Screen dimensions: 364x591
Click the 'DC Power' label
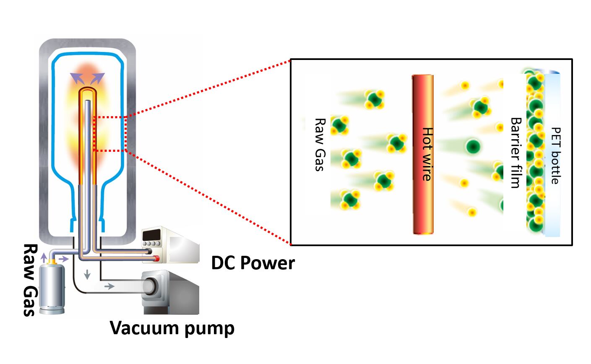coord(253,263)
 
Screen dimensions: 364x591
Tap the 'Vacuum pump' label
coord(172,328)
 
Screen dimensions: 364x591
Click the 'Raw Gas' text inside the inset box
coord(320,144)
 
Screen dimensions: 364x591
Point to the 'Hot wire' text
coord(426,154)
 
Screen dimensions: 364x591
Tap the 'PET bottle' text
coord(555,156)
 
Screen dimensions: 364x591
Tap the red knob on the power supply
coord(156,258)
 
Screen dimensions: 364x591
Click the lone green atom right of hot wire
coord(473,146)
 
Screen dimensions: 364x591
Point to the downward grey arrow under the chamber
coord(87,275)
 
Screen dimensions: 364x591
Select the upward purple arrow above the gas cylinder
coord(44,257)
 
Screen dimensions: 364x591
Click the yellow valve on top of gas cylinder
coord(52,261)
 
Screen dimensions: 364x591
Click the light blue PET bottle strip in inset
coord(552,155)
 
